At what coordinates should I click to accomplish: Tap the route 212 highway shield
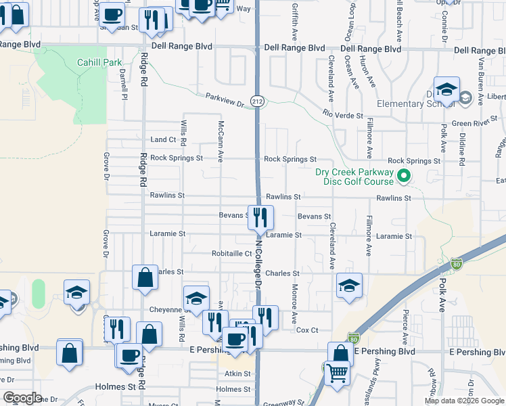(x=259, y=100)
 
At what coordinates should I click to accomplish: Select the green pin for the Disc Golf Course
(x=405, y=178)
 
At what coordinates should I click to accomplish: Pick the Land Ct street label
(x=163, y=140)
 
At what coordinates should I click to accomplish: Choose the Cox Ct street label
(x=307, y=330)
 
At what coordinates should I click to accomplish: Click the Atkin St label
(x=237, y=373)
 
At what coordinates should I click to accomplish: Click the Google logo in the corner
(x=22, y=398)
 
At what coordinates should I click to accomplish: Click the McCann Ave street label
(x=221, y=138)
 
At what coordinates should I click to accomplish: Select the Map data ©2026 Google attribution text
(x=463, y=401)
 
